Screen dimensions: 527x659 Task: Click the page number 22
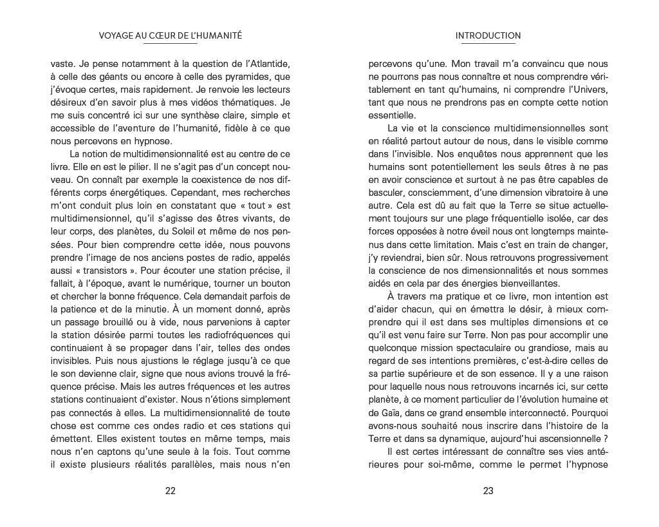171,490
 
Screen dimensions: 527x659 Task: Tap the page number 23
488,490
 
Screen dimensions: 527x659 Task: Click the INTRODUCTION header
488,36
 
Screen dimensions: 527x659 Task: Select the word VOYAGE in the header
116,36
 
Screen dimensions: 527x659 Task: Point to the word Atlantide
265,64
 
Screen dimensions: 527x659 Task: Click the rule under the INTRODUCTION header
488,44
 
